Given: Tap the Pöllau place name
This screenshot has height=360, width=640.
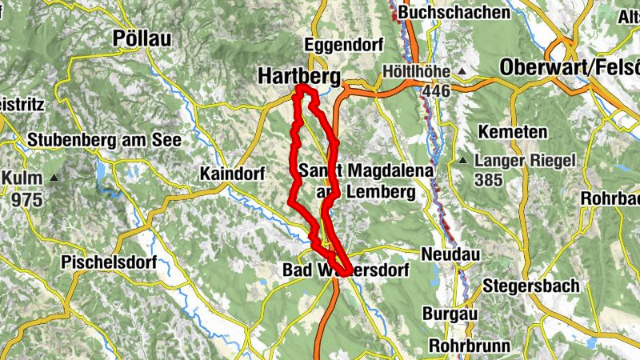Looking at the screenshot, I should coord(142,38).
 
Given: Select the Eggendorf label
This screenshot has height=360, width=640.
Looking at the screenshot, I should coord(344,44).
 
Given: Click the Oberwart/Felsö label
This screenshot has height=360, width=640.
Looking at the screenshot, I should coord(569,68).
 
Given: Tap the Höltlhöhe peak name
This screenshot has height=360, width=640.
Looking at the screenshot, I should coord(416,70).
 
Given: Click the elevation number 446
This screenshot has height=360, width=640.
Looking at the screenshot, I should coord(438,90).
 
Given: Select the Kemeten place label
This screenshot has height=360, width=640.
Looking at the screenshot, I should coord(512,131).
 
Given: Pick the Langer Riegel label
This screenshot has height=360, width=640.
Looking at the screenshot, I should coord(525,161).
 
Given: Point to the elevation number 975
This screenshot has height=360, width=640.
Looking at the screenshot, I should coord(27,198).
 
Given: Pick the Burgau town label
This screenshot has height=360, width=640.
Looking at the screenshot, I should coord(451,314).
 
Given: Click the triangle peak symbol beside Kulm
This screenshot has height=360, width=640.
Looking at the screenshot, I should coord(54,178).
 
